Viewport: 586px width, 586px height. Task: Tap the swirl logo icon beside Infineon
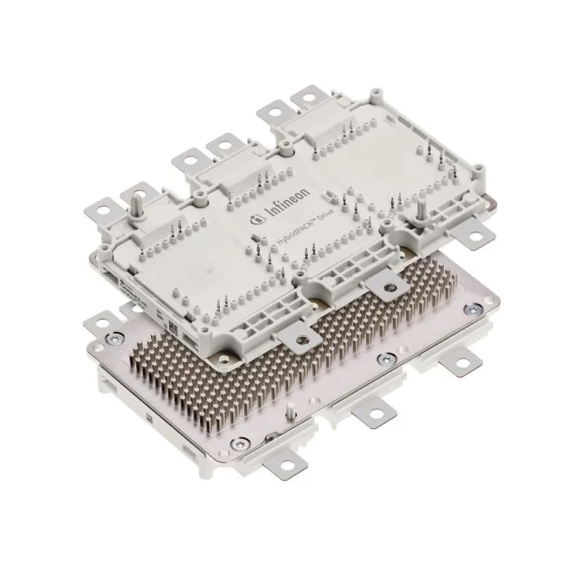(x=255, y=219)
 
